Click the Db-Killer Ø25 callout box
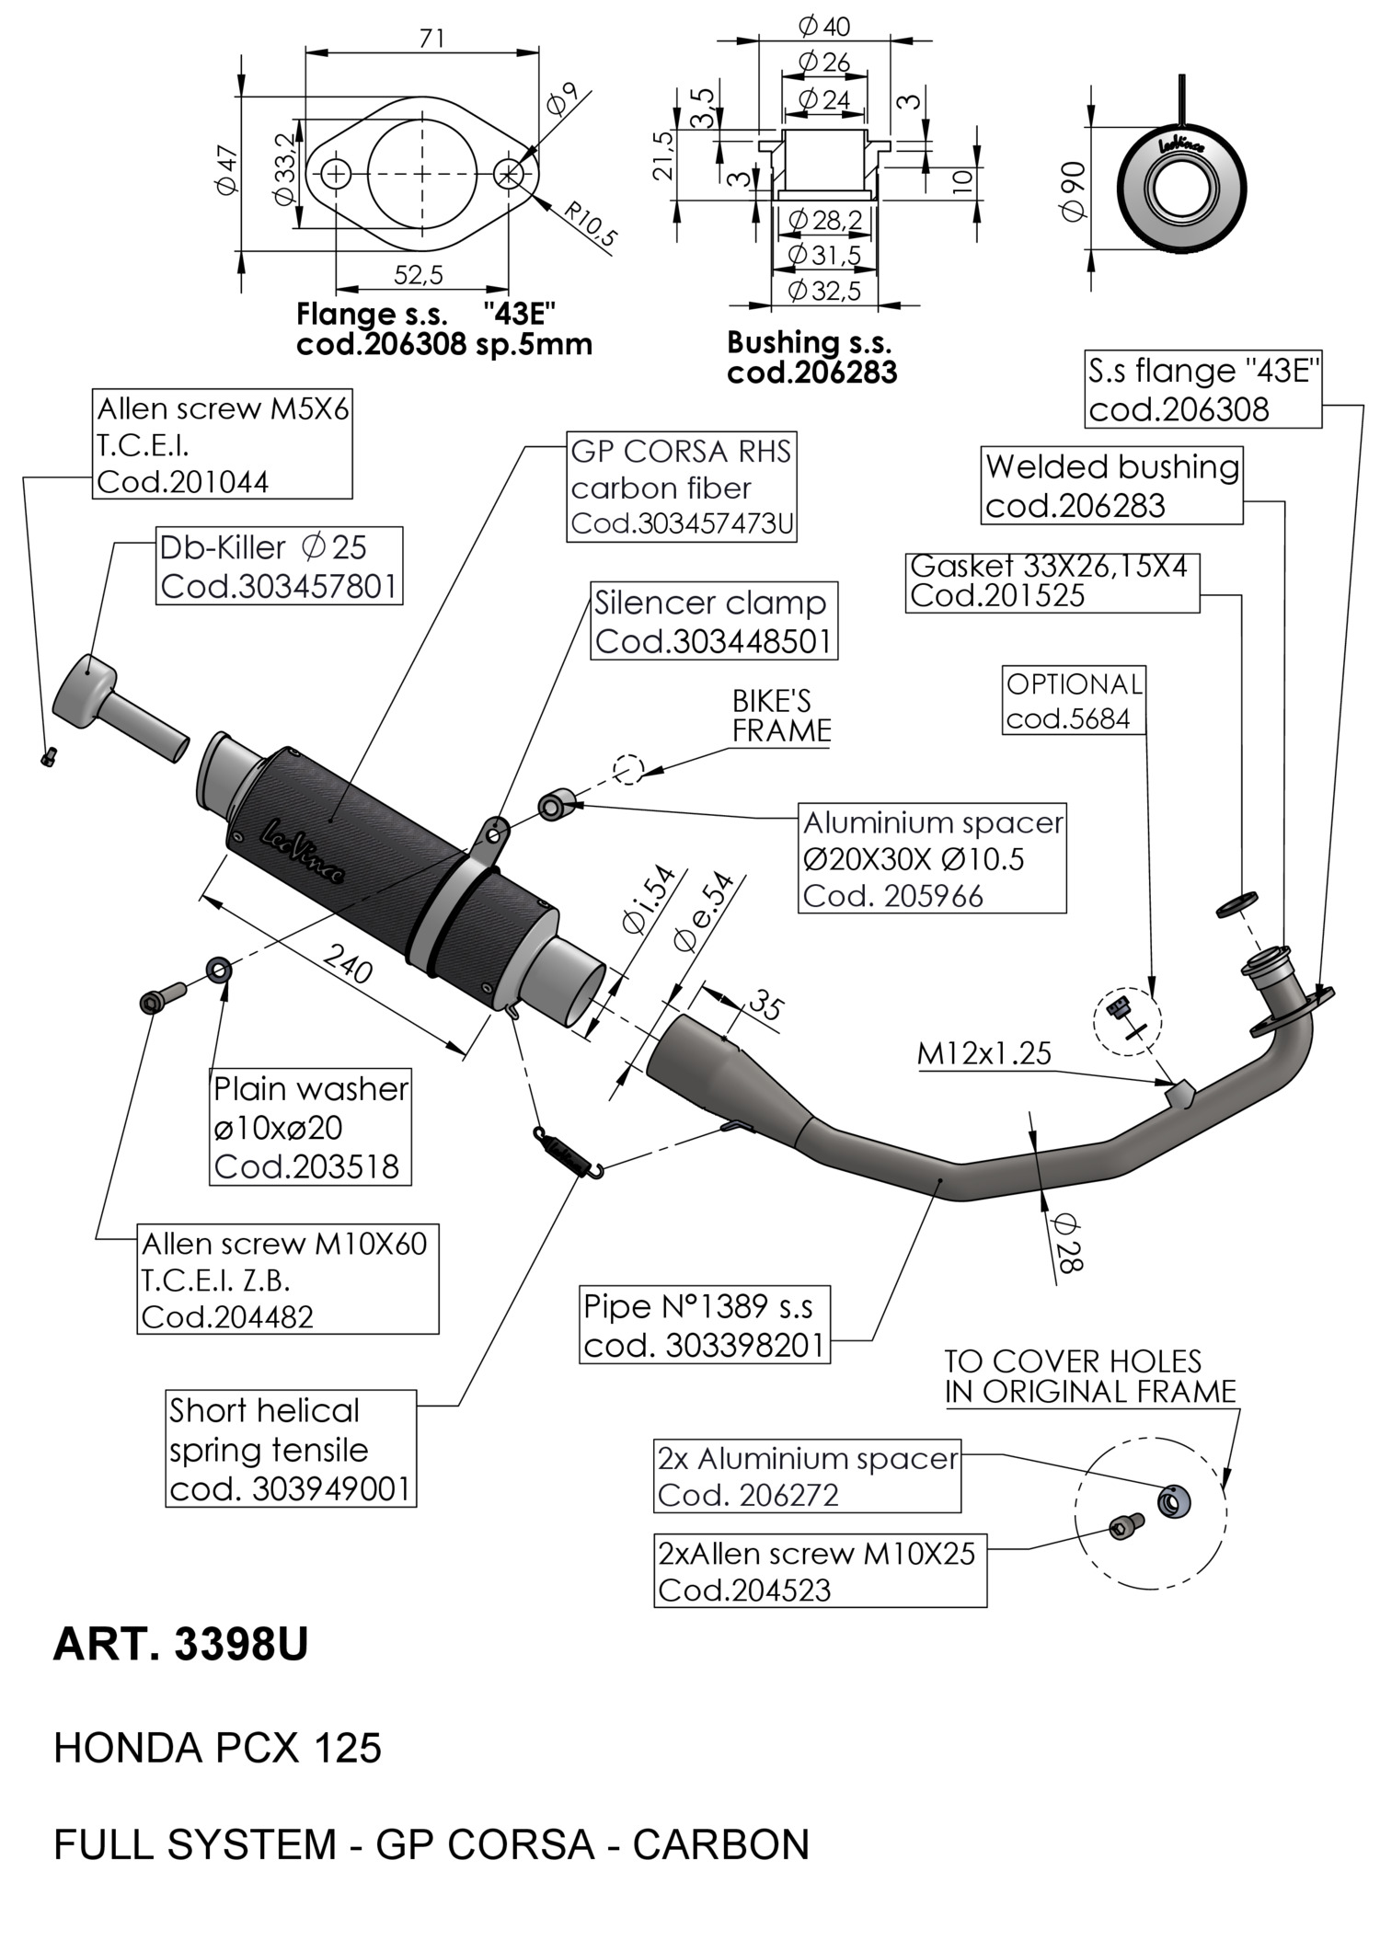[x=280, y=566]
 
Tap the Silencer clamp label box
[x=714, y=621]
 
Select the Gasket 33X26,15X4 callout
[x=1052, y=581]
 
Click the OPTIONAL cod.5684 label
[x=1074, y=701]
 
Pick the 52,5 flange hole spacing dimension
[x=419, y=274]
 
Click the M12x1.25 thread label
[x=983, y=1053]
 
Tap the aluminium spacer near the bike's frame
[x=555, y=806]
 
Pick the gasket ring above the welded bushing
[x=1237, y=905]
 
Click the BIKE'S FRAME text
[x=781, y=716]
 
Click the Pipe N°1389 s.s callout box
[x=704, y=1325]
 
